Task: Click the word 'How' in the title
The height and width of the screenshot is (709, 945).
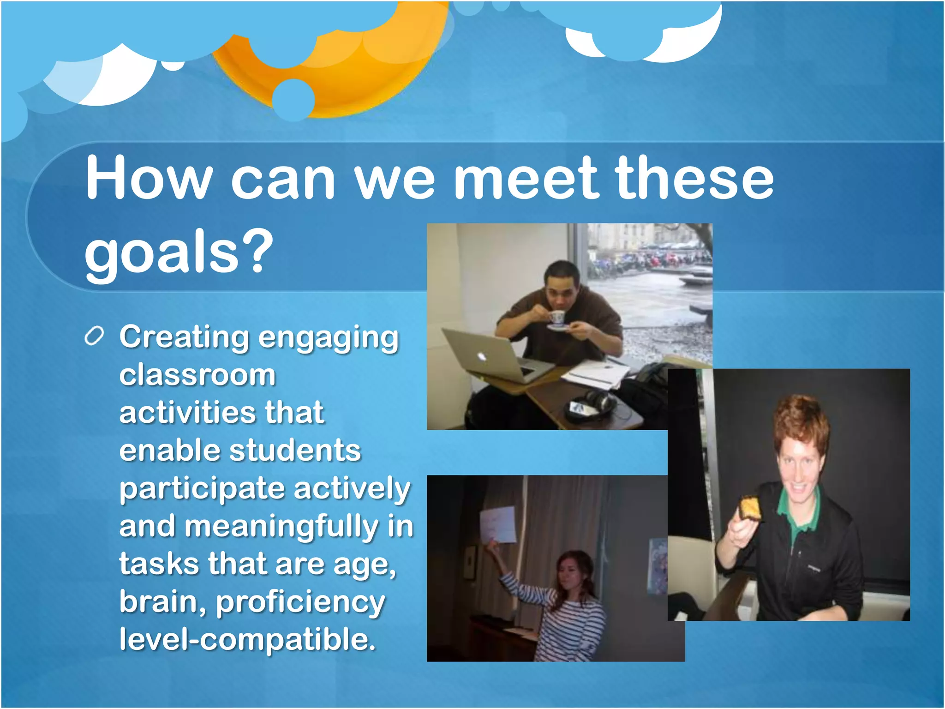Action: click(149, 178)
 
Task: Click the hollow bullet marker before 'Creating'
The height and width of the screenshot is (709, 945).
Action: click(95, 336)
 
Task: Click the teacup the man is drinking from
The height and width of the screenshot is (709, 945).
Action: click(557, 317)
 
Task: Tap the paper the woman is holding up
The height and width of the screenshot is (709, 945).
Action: click(498, 524)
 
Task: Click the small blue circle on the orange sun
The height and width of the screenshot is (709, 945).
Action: click(293, 99)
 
